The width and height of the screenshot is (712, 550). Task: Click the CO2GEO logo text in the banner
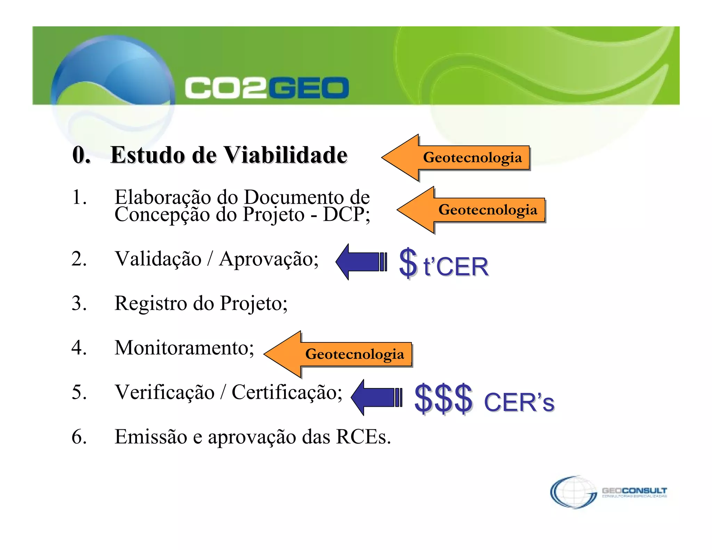point(266,88)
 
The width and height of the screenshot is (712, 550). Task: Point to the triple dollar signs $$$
point(443,398)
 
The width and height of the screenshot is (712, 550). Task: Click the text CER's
point(519,403)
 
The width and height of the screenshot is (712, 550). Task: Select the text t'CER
point(456,267)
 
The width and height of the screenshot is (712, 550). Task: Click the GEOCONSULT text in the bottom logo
point(634,491)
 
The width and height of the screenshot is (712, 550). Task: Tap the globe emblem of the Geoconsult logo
point(573,492)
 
